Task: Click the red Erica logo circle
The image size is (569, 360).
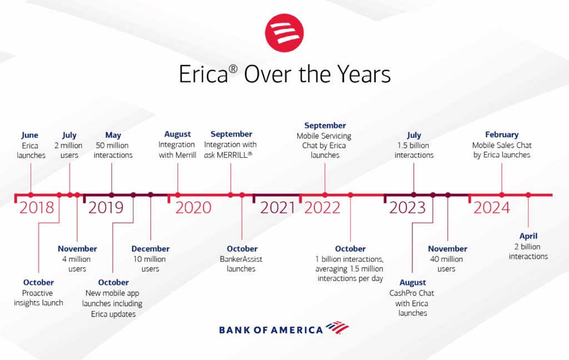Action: (x=284, y=33)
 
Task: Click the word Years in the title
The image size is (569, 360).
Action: (x=364, y=74)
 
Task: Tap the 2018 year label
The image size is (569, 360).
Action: (x=37, y=208)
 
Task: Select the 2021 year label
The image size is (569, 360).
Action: (x=278, y=208)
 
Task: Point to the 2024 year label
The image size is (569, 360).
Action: (x=492, y=208)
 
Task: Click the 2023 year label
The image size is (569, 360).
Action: (x=407, y=208)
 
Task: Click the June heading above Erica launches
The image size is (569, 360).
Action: (x=30, y=136)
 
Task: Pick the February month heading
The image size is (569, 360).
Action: (x=502, y=134)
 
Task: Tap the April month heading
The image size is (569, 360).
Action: (x=528, y=236)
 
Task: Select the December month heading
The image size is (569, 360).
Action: (x=150, y=249)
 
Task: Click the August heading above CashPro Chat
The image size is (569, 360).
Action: (x=413, y=283)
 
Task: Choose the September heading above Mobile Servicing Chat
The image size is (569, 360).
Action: (x=325, y=126)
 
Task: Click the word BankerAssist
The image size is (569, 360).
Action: (x=241, y=259)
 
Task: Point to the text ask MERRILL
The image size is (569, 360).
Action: (x=228, y=155)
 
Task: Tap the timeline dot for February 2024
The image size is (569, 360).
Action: (x=502, y=195)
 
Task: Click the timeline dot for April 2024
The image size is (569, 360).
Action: (x=528, y=195)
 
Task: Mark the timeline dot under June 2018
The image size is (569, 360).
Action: (x=31, y=195)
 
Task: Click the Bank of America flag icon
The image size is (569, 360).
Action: (x=337, y=327)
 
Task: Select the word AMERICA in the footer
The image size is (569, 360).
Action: (x=297, y=330)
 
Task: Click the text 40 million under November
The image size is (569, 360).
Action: (x=446, y=259)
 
